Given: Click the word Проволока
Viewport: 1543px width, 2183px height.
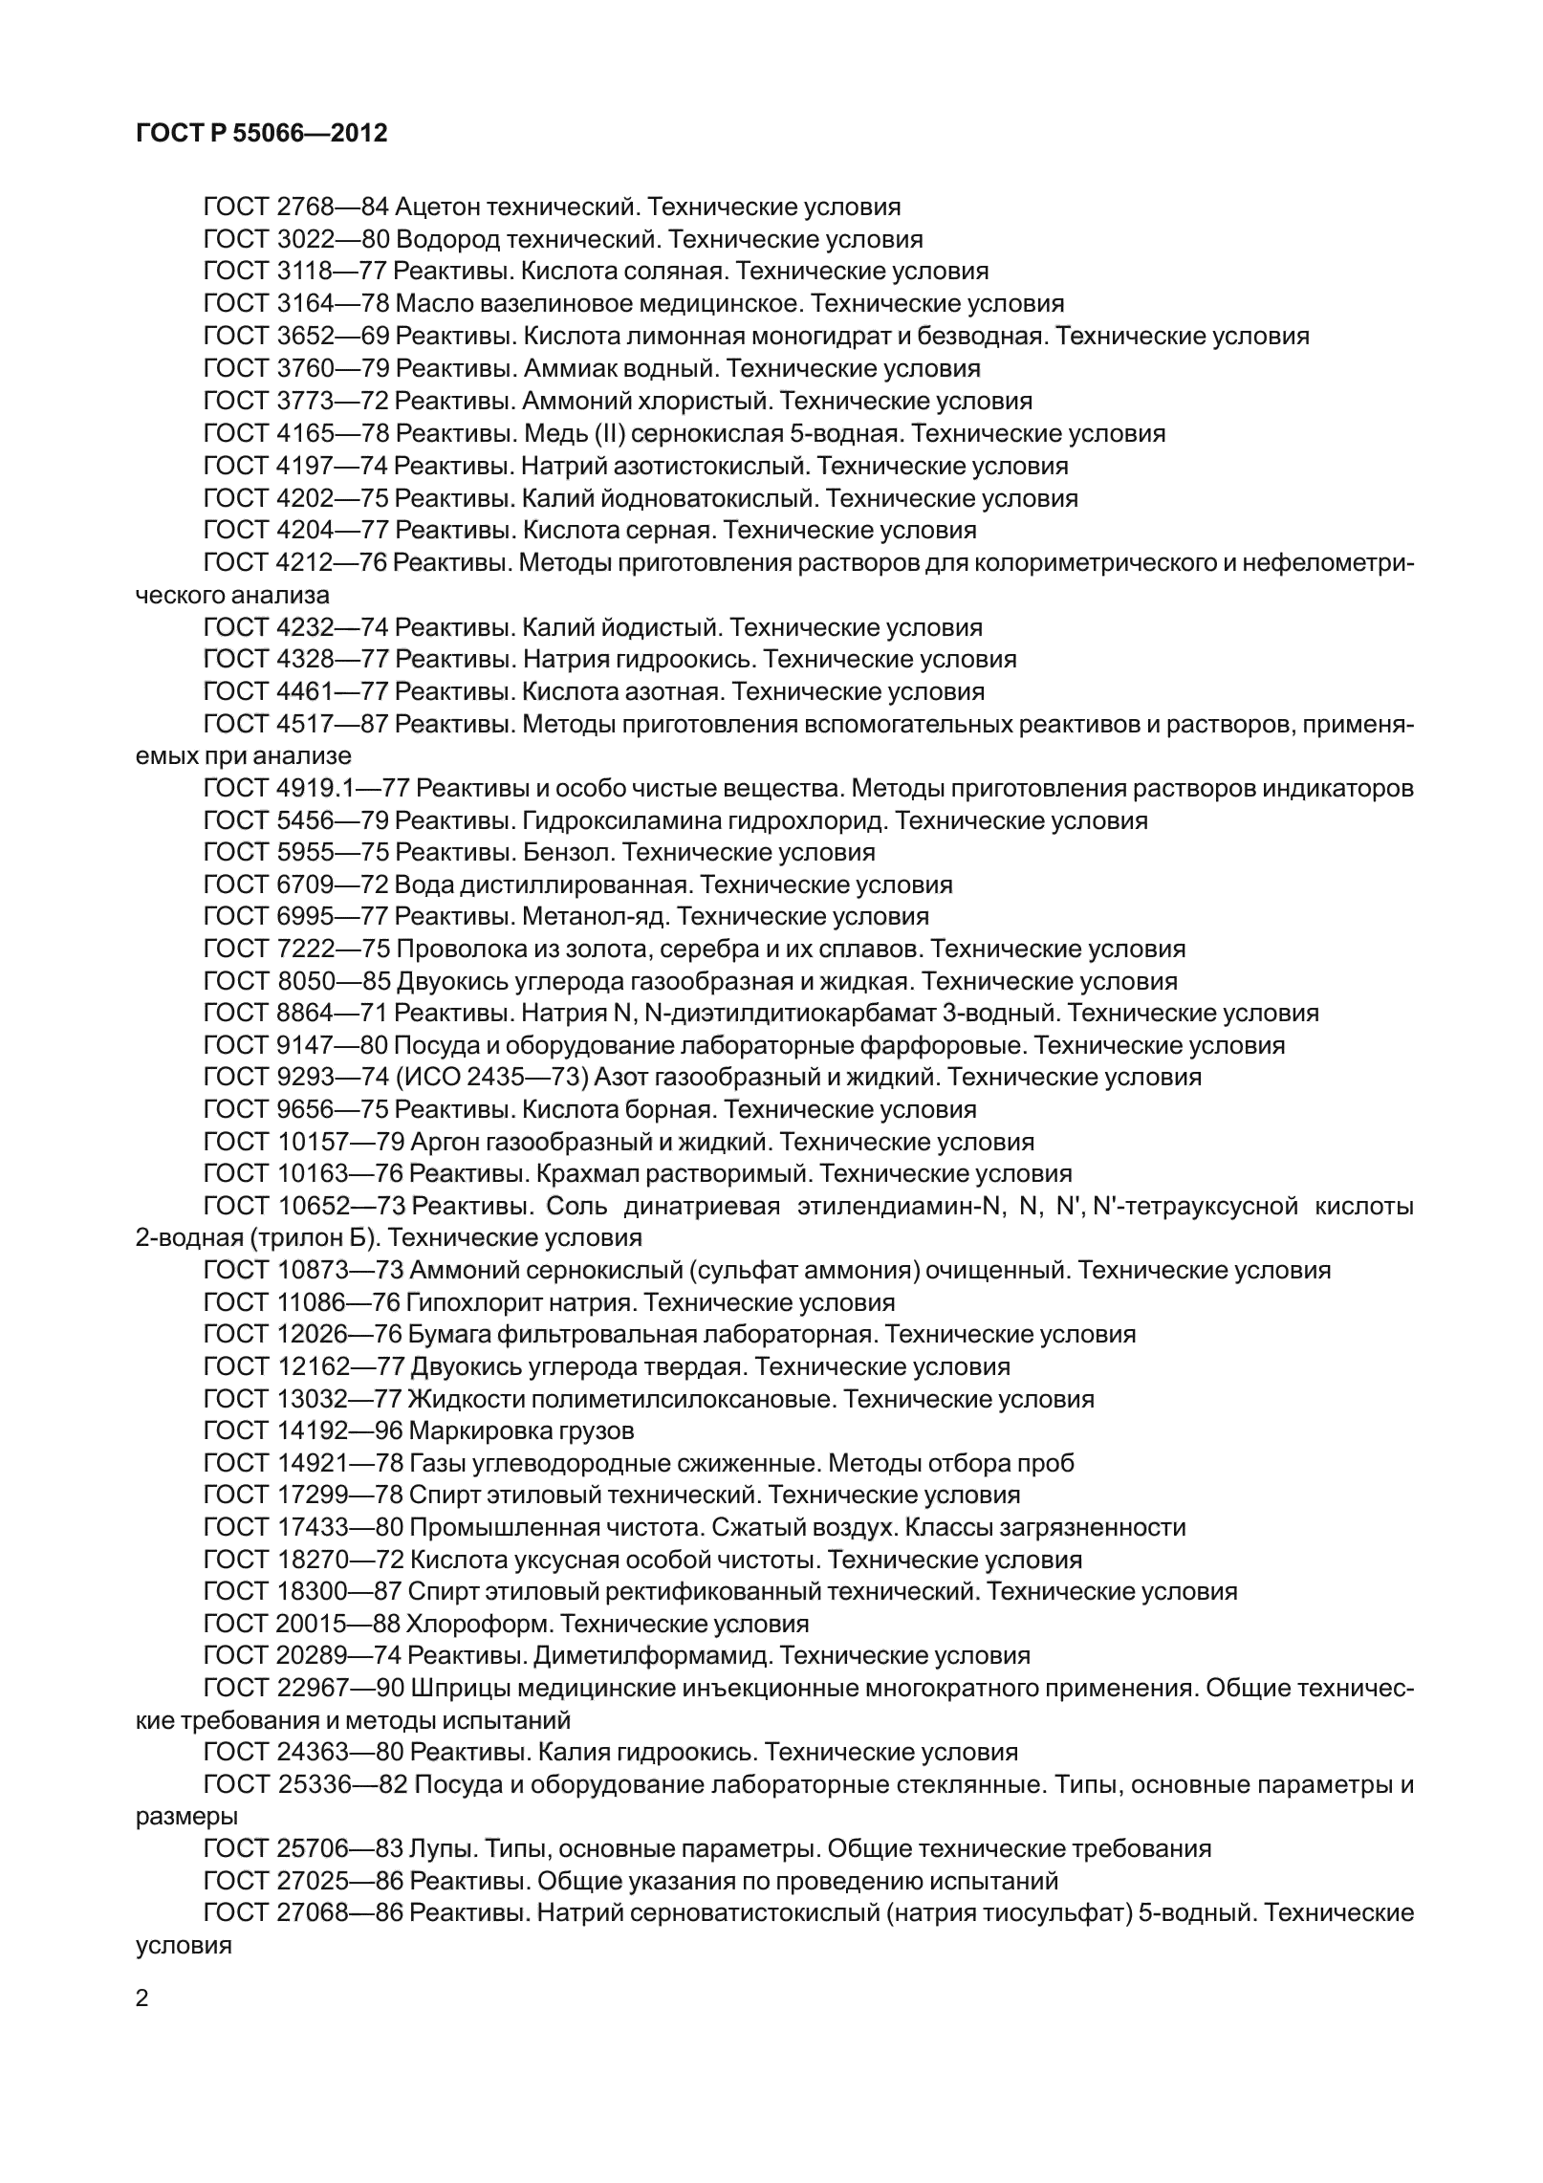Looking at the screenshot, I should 453,950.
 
